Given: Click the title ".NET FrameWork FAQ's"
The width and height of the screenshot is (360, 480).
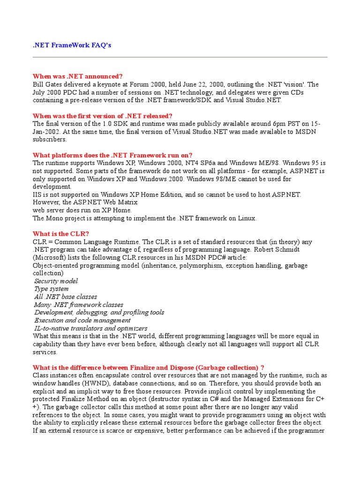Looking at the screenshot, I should (x=72, y=45).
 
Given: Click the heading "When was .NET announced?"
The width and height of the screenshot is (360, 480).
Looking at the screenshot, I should (x=77, y=76).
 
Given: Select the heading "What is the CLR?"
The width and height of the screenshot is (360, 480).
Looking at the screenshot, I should (x=60, y=234).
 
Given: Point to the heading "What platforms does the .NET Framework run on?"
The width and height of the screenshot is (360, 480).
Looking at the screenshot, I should (x=112, y=155).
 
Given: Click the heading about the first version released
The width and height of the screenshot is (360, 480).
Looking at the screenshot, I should (x=103, y=116).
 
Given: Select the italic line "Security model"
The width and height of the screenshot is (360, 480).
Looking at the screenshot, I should (x=56, y=281).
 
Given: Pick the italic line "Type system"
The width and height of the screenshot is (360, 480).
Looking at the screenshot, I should (x=52, y=289).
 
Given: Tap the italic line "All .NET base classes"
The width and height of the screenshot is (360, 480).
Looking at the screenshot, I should (x=66, y=297).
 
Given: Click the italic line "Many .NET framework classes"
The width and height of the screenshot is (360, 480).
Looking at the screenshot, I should (x=79, y=305).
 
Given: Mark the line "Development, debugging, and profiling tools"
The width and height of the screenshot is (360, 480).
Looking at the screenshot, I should (x=99, y=313).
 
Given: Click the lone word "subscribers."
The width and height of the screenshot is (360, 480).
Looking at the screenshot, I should (x=50, y=139).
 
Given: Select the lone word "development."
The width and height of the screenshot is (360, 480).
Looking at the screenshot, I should (x=52, y=187).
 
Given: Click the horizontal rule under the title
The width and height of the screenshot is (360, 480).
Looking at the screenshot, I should (x=180, y=57).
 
